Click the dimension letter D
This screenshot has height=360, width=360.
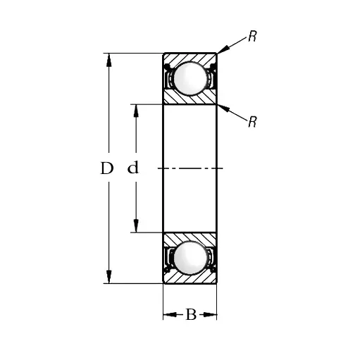pos(107,168)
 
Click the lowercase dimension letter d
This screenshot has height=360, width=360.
pos(133,168)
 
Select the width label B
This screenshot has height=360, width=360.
pos(191,314)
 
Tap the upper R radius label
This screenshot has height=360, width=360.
pos(252,36)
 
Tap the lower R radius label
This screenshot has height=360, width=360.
pos(252,122)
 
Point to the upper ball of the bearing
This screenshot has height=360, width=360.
pos(190,79)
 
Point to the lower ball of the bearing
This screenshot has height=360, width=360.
pos(190,258)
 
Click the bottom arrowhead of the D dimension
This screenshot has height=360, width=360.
pos(108,277)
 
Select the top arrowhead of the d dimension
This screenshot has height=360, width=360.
pos(136,111)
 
